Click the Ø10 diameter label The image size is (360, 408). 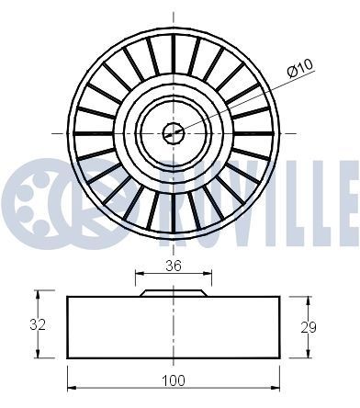[x=301, y=67]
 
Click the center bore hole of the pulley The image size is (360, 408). [x=174, y=134]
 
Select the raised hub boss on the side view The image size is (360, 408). [x=174, y=292]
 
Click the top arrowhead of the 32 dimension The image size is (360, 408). [x=39, y=295]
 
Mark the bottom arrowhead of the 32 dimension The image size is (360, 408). [x=39, y=356]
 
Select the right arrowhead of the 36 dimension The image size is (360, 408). [x=207, y=273]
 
